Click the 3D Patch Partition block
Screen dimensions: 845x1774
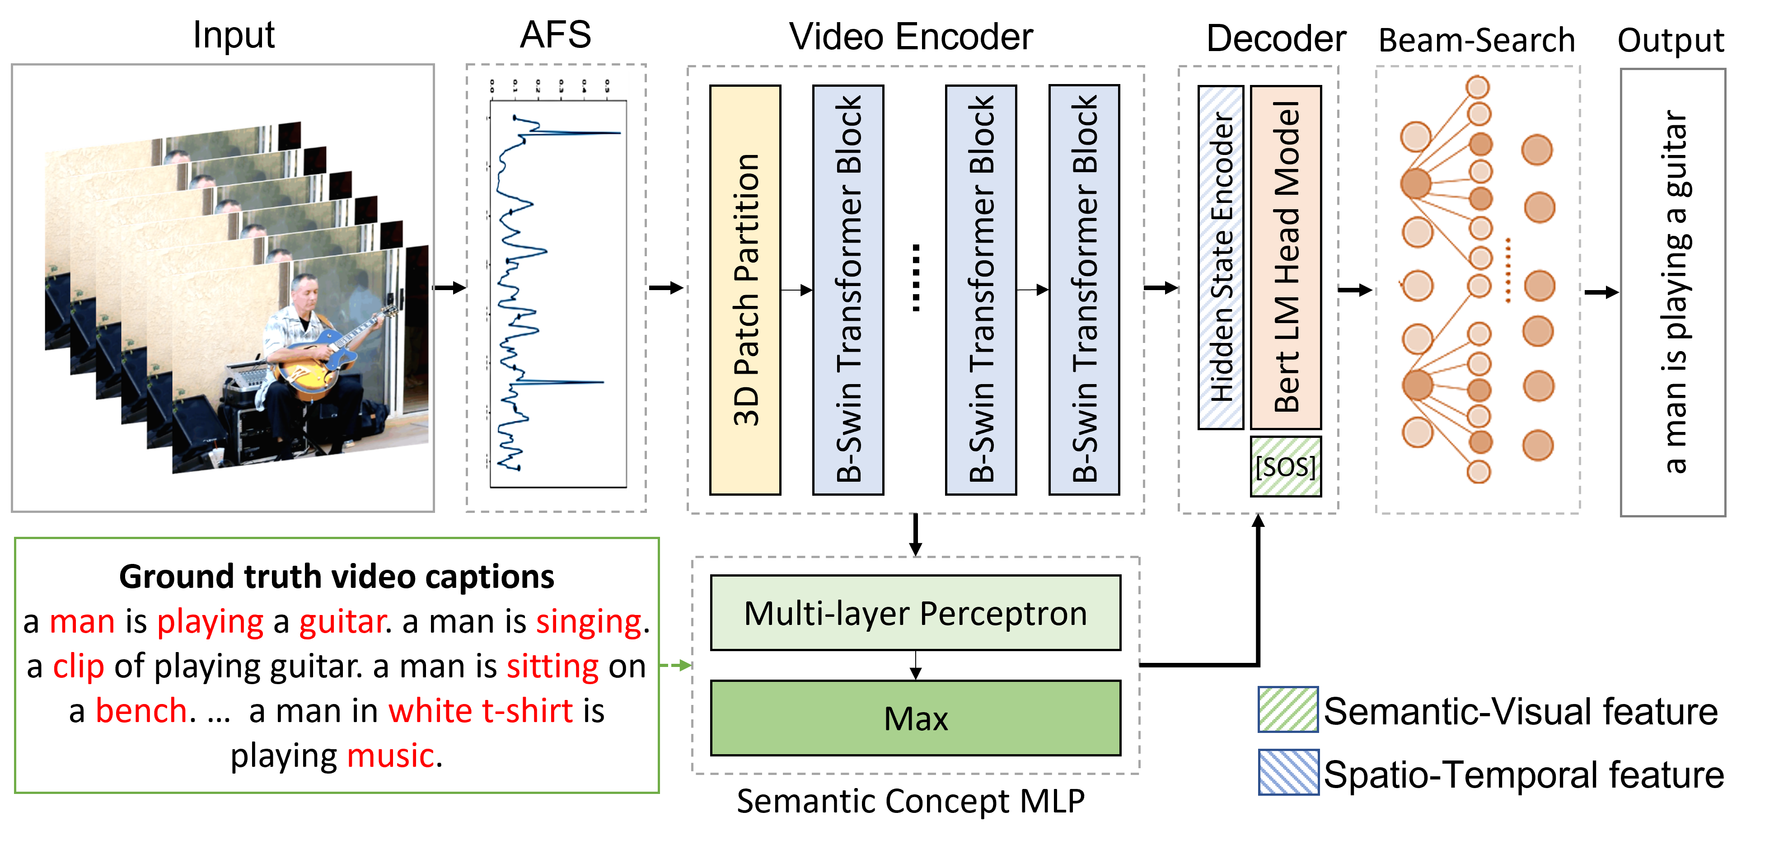click(x=745, y=289)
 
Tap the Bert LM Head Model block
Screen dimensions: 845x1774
click(x=1285, y=257)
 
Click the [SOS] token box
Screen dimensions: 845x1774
click(x=1285, y=467)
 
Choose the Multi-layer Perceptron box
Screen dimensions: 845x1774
click(x=915, y=613)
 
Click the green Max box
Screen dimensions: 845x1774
click(x=915, y=718)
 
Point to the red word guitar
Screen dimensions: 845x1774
click(x=342, y=622)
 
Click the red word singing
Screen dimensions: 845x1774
click(x=589, y=622)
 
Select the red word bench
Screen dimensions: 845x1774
click(x=141, y=711)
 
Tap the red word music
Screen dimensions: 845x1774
click(x=390, y=756)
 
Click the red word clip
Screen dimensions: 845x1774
click(x=79, y=667)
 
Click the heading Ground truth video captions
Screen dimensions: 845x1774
click(x=336, y=577)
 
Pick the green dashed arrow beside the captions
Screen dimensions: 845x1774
click(x=675, y=665)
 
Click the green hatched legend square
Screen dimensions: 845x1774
click(x=1288, y=709)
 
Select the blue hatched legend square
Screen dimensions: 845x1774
click(x=1288, y=772)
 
